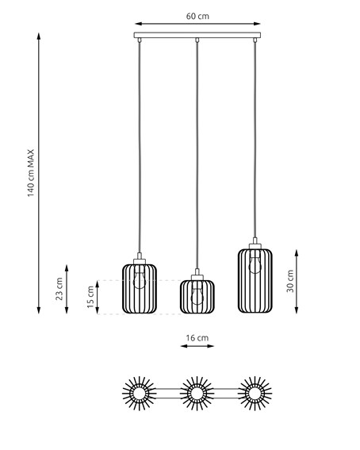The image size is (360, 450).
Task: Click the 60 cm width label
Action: pyautogui.click(x=197, y=16)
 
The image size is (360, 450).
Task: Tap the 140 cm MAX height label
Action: pyautogui.click(x=31, y=174)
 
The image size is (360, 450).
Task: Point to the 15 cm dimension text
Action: pyautogui.click(x=90, y=297)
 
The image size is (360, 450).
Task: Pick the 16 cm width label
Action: pyautogui.click(x=197, y=339)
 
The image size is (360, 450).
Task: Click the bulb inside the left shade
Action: pyautogui.click(x=140, y=278)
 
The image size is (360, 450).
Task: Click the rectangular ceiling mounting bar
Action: pyautogui.click(x=197, y=37)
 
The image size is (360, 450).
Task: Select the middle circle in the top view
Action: pyautogui.click(x=197, y=392)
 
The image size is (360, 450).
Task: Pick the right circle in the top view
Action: pyautogui.click(x=255, y=392)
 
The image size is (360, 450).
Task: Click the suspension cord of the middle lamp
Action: pyautogui.click(x=197, y=159)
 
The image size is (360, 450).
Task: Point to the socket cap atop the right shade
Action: pyautogui.click(x=255, y=244)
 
